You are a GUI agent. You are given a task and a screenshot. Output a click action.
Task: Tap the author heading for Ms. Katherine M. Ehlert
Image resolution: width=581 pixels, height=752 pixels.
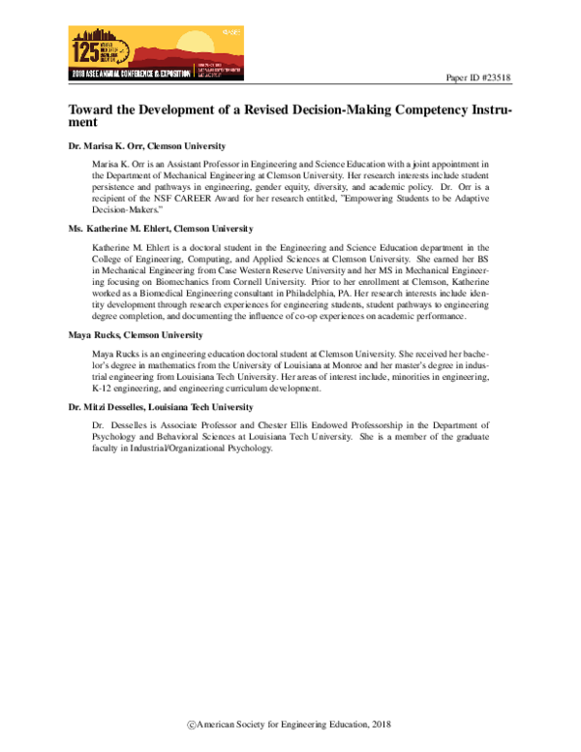160,229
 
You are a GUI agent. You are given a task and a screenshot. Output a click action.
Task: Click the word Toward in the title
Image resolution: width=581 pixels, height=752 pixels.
92,111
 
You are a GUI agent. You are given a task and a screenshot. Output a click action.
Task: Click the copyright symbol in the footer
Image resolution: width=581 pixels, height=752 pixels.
192,725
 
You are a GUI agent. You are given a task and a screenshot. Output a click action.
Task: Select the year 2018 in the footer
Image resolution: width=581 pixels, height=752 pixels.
378,725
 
